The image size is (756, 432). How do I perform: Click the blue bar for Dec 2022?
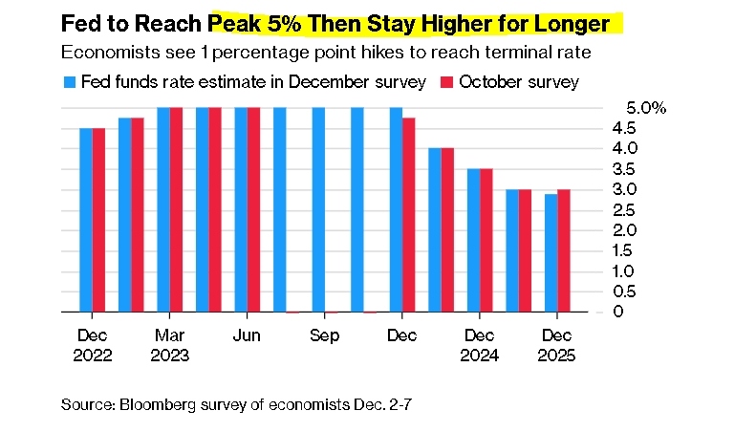point(86,220)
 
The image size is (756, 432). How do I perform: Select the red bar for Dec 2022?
point(98,220)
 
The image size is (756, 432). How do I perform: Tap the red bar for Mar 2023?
point(176,209)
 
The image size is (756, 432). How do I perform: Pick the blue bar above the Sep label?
point(318,209)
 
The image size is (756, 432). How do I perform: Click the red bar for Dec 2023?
point(409,215)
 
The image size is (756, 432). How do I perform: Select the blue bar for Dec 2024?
point(473,240)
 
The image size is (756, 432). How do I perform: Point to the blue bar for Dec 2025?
point(551,253)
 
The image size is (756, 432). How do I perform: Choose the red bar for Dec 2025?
point(564,250)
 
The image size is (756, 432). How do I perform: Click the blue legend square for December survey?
point(70,82)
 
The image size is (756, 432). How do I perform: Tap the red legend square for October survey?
point(447,82)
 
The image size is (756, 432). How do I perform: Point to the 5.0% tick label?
point(646,108)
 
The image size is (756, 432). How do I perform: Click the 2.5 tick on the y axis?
point(624,209)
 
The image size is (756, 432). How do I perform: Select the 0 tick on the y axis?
point(618,312)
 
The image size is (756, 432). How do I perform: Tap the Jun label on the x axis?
point(247,335)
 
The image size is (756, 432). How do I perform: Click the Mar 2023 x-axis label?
point(170,345)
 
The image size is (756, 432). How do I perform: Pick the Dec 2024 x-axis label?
point(479,345)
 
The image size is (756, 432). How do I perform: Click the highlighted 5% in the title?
point(284,24)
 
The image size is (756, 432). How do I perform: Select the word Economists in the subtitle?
point(111,52)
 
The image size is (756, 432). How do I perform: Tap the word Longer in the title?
point(572,25)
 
